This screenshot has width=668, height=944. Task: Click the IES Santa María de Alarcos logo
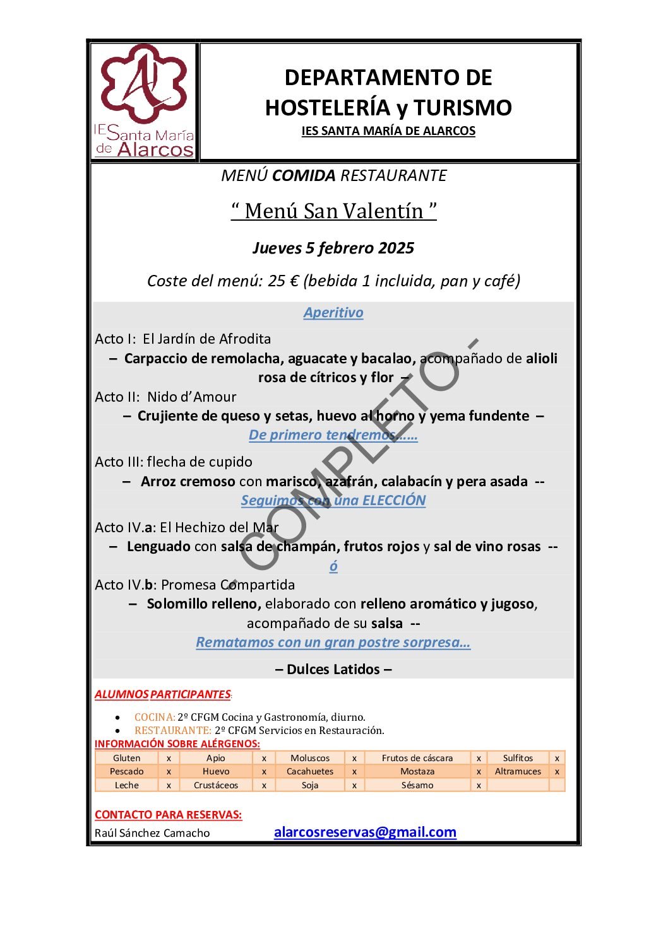(x=144, y=101)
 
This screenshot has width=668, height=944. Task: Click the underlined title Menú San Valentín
(x=333, y=211)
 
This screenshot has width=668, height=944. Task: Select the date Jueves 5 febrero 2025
(x=333, y=248)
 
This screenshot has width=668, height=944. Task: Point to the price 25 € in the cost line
(x=283, y=281)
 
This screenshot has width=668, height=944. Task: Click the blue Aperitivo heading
(x=333, y=313)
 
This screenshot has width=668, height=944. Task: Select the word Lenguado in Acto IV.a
(x=158, y=547)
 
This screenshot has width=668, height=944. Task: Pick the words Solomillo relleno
(x=204, y=604)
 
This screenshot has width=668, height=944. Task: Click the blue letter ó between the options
(x=333, y=566)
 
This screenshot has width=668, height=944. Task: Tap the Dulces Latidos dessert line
(x=333, y=669)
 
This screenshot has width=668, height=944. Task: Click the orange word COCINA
(x=154, y=717)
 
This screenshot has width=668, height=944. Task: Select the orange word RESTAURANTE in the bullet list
(x=172, y=730)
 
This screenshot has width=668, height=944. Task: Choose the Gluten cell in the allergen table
(x=127, y=758)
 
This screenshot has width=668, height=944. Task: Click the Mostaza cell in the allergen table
(x=417, y=771)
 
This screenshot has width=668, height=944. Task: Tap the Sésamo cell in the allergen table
(x=417, y=785)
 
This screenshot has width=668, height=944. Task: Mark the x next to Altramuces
(x=557, y=771)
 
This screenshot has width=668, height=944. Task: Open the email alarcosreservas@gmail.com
(x=365, y=832)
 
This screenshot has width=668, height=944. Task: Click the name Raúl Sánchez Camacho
(x=152, y=833)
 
